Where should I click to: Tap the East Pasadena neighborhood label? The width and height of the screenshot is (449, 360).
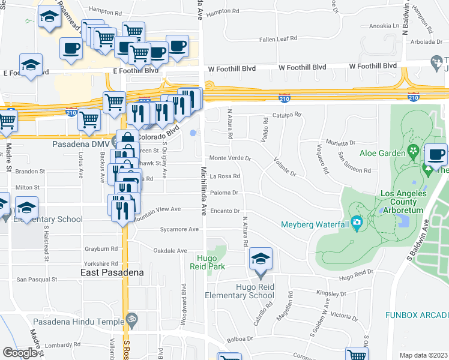point(112,272)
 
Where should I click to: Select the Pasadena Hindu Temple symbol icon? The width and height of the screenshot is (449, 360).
point(133,317)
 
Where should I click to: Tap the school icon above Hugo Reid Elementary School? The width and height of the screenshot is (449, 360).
point(261,260)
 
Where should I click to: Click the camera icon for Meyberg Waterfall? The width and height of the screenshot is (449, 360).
point(357,224)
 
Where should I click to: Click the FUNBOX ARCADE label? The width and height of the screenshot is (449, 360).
point(418,314)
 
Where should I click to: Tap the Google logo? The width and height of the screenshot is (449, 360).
point(20,353)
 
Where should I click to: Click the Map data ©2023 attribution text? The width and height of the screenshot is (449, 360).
point(423,355)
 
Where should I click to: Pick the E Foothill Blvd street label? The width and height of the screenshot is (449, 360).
point(24,73)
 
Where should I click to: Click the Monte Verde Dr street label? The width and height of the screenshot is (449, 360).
point(229,158)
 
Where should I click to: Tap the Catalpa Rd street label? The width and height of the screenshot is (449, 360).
point(286,114)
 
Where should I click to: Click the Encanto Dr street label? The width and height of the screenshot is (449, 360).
point(225,211)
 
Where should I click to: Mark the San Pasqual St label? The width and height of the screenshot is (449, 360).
point(36,280)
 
